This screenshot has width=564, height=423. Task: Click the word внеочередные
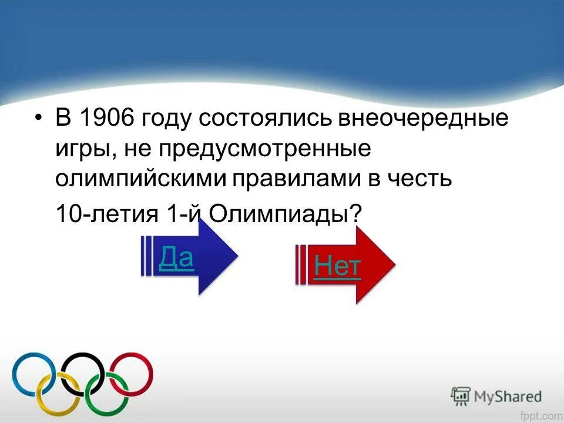[422, 119]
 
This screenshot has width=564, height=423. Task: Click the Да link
[176, 257]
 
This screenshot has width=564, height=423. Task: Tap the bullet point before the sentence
[39, 120]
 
